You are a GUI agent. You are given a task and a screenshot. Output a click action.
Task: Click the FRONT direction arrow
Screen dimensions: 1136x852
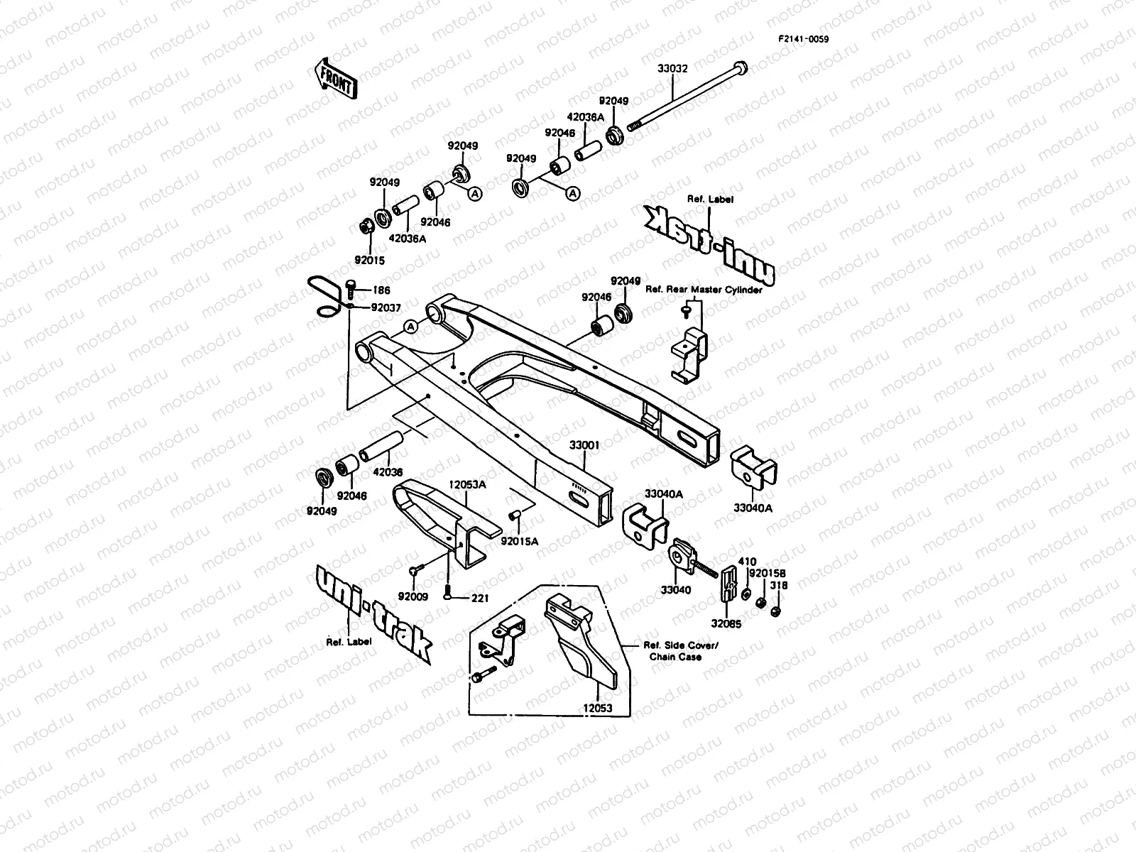(335, 79)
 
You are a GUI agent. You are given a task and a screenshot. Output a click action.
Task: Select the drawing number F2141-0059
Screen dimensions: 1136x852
(804, 39)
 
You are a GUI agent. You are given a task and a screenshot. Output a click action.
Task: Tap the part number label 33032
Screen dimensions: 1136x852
(672, 68)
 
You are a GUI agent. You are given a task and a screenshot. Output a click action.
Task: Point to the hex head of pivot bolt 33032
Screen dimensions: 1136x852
(741, 68)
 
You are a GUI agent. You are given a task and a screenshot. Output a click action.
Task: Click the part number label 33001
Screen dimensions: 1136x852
(584, 445)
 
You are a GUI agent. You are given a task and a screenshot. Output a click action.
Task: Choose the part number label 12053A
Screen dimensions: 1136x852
(467, 485)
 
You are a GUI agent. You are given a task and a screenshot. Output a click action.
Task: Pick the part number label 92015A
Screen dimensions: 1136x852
(519, 541)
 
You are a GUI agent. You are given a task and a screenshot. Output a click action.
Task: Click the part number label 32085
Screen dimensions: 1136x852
(726, 624)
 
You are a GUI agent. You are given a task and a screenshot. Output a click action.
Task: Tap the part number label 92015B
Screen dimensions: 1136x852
(768, 573)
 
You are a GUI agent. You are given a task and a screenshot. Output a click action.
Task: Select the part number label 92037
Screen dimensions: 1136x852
(386, 308)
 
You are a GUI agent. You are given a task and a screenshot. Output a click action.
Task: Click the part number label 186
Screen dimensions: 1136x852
(381, 290)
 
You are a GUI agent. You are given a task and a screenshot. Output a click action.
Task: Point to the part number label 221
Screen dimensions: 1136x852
(480, 598)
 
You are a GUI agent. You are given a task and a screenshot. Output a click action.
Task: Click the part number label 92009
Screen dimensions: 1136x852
(413, 596)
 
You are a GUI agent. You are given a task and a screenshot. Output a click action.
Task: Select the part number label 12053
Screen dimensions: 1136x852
(598, 708)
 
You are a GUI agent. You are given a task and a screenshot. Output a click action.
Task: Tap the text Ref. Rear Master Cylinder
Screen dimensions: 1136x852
(704, 290)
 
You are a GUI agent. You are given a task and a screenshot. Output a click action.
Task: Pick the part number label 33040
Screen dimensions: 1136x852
(675, 590)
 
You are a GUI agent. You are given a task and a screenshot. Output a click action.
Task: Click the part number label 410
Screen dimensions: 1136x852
(747, 562)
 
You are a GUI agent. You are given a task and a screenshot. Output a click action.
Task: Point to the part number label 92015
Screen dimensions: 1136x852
(369, 261)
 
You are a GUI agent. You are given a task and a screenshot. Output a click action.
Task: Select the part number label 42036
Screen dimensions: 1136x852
(388, 471)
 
